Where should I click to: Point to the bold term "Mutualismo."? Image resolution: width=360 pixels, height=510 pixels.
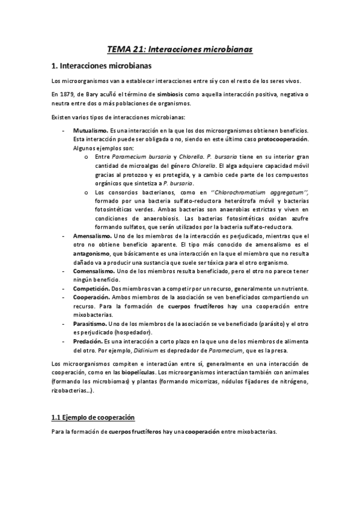[91, 131]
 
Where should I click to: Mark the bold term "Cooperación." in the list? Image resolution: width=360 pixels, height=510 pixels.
[92, 297]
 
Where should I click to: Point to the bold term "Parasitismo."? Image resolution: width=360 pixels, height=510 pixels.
[91, 324]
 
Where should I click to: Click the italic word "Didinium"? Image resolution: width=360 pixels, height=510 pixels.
[147, 350]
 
